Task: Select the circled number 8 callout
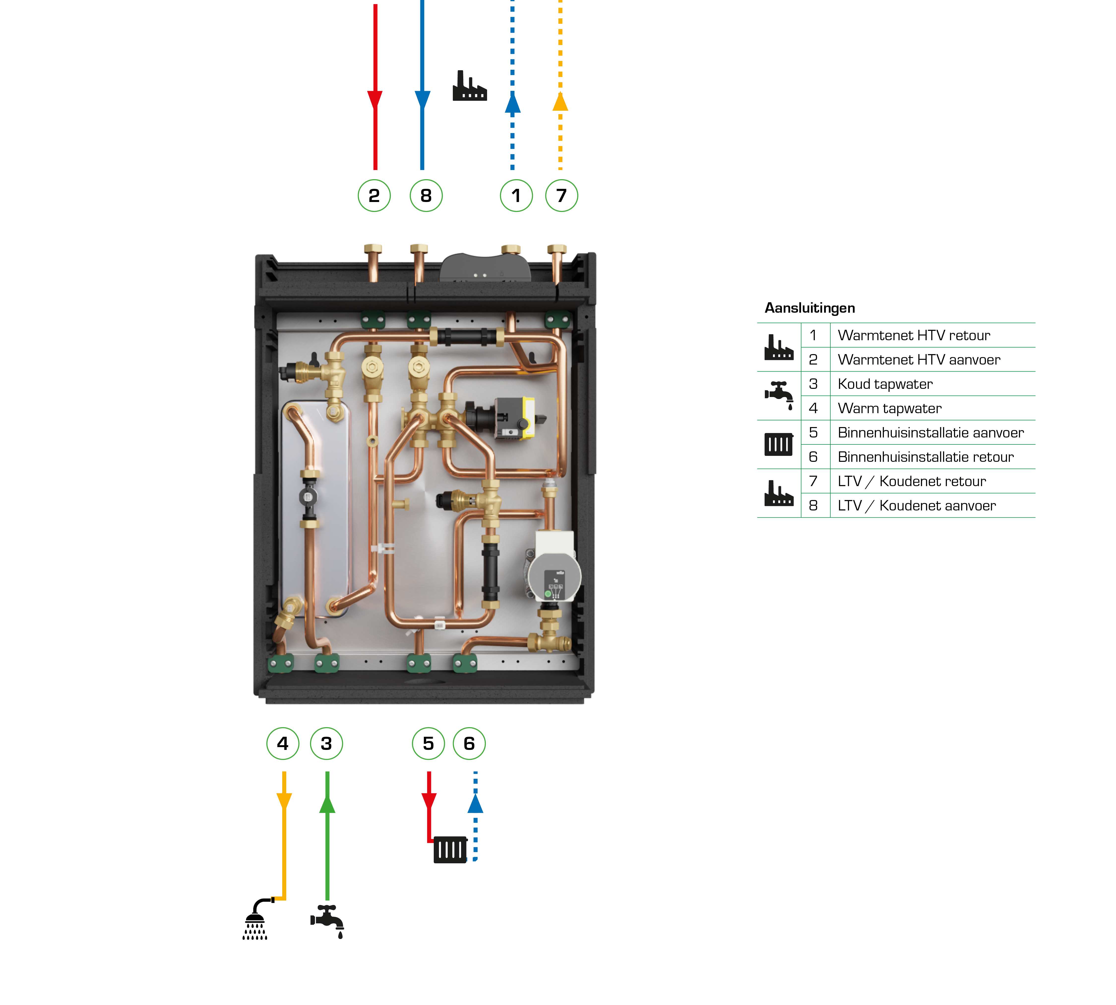point(426,196)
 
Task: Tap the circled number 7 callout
point(561,196)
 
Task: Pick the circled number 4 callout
point(282,743)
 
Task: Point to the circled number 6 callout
point(469,743)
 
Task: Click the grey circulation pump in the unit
point(554,574)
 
